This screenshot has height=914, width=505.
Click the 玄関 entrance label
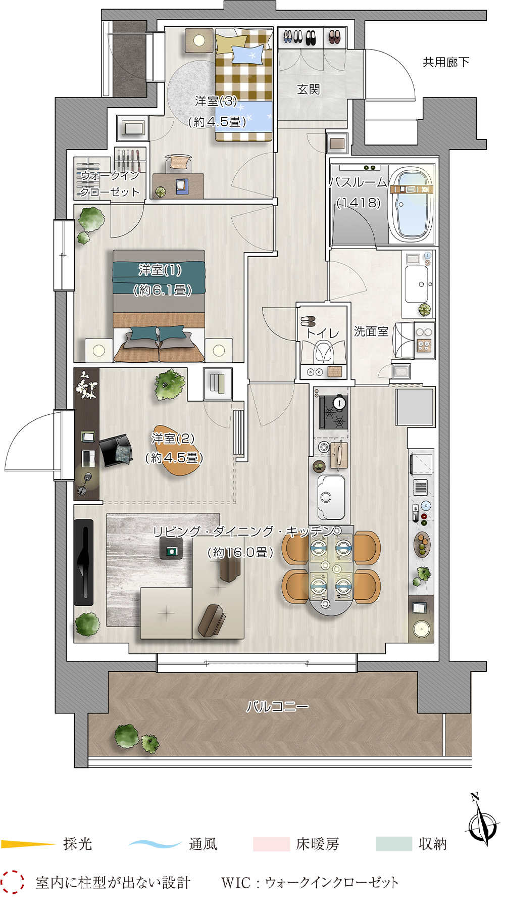308,89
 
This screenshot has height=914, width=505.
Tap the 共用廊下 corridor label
446,62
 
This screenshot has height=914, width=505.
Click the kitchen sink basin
331,497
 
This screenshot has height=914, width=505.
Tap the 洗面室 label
371,331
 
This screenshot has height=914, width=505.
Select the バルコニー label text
277,706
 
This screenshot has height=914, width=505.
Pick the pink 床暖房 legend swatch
271,844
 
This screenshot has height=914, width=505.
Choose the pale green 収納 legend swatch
394,844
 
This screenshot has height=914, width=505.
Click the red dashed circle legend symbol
12,882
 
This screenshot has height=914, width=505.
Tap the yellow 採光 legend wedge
28,844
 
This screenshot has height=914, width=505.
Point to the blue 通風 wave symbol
155,844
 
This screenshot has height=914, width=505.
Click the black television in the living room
84,562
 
